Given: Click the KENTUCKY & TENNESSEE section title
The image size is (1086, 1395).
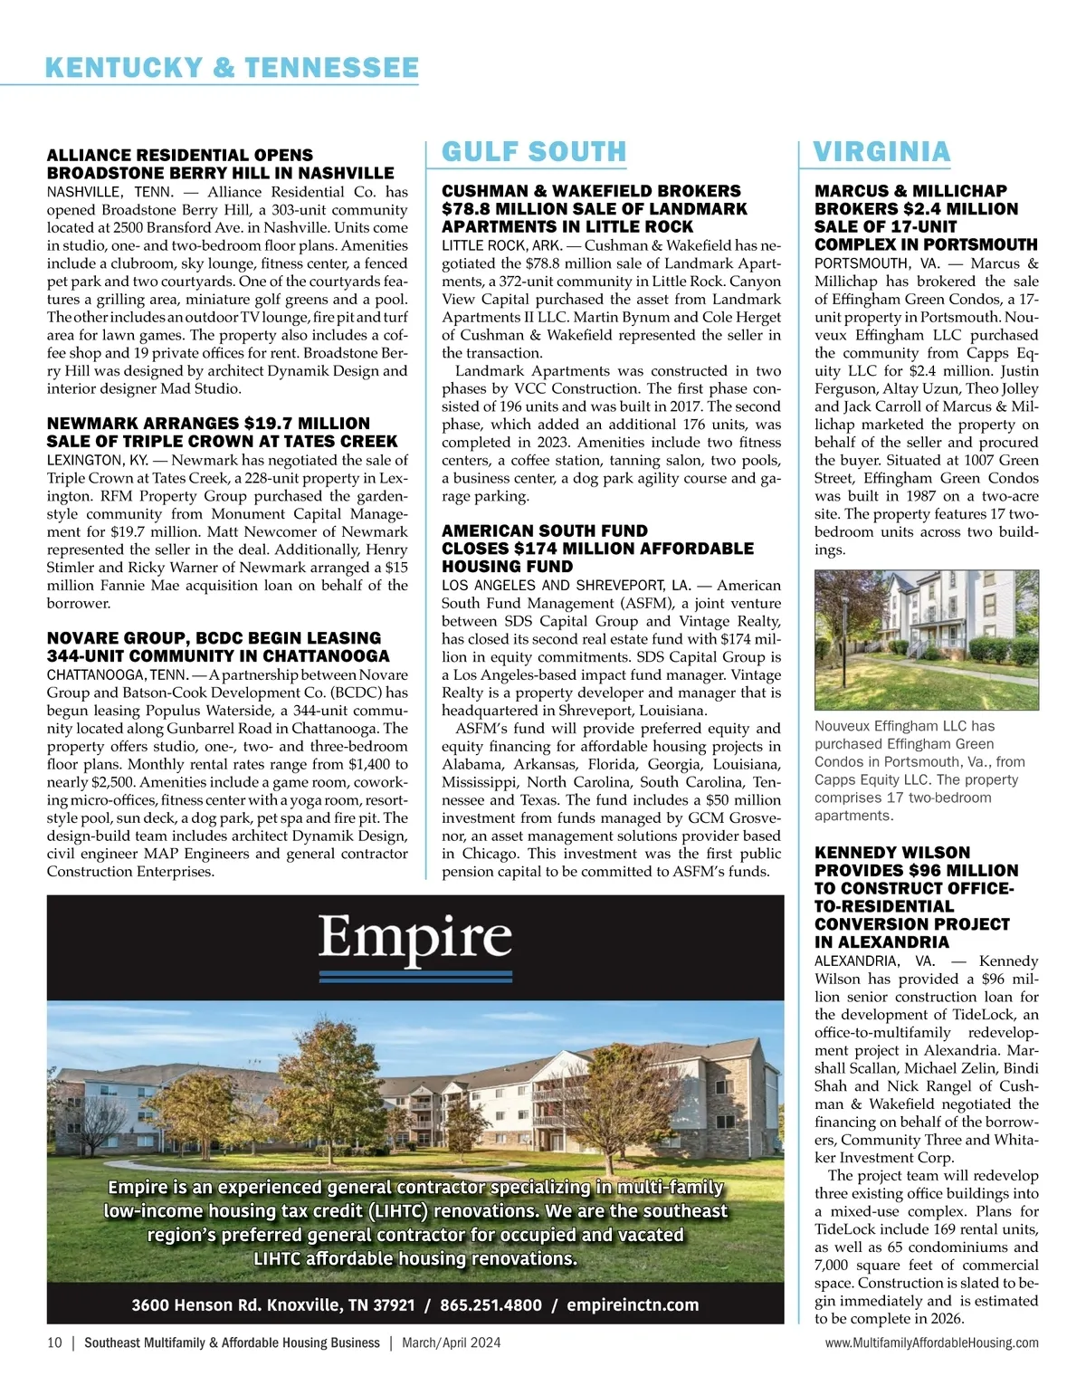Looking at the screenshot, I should tap(232, 68).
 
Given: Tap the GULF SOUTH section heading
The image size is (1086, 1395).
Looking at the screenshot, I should tap(534, 152).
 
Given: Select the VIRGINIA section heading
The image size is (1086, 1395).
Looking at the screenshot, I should tap(881, 152).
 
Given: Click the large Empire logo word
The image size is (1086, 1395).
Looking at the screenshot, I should tap(415, 937).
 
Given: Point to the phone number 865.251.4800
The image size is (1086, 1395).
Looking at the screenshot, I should tap(491, 1305).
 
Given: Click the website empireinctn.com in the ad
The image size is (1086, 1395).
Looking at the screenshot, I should tap(633, 1305).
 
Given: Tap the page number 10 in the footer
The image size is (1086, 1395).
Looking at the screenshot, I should tap(54, 1343).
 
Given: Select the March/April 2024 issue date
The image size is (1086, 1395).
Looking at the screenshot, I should tap(452, 1343).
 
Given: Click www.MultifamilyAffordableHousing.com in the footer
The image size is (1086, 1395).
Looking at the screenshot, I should tap(931, 1343).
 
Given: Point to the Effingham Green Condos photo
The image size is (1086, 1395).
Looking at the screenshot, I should tap(926, 639).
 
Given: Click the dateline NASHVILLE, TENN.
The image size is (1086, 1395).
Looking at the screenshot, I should tap(110, 192).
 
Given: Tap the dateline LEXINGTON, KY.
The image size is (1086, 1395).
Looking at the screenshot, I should tap(98, 461).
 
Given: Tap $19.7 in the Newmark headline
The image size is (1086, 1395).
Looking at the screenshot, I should tap(270, 424).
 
